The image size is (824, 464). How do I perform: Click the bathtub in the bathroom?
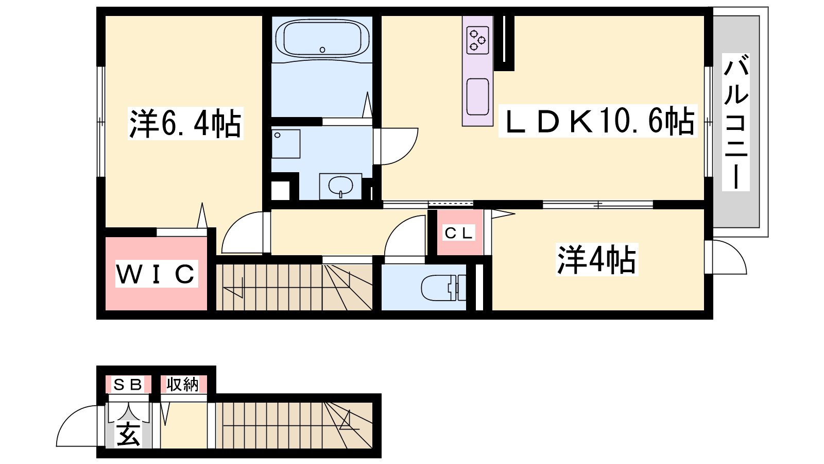click(x=322, y=39)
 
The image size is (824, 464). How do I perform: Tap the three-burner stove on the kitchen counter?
click(x=477, y=40)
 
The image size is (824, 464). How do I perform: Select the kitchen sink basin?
click(x=477, y=97)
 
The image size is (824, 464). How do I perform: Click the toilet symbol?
click(x=443, y=288)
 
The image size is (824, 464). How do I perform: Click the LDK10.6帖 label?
click(x=598, y=121)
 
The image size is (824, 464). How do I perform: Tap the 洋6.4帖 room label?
click(x=185, y=123)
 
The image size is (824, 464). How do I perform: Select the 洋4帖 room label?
click(x=596, y=260)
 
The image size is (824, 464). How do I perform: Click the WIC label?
click(x=156, y=274)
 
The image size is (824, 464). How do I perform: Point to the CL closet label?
click(x=458, y=233)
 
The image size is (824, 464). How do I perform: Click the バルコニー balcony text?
click(x=736, y=122)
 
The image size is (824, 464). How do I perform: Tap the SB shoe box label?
click(x=128, y=385)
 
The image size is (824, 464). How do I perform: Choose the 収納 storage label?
click(x=182, y=385)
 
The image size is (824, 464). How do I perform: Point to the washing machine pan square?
click(x=286, y=144)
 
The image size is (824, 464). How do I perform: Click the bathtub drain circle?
click(x=322, y=49)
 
